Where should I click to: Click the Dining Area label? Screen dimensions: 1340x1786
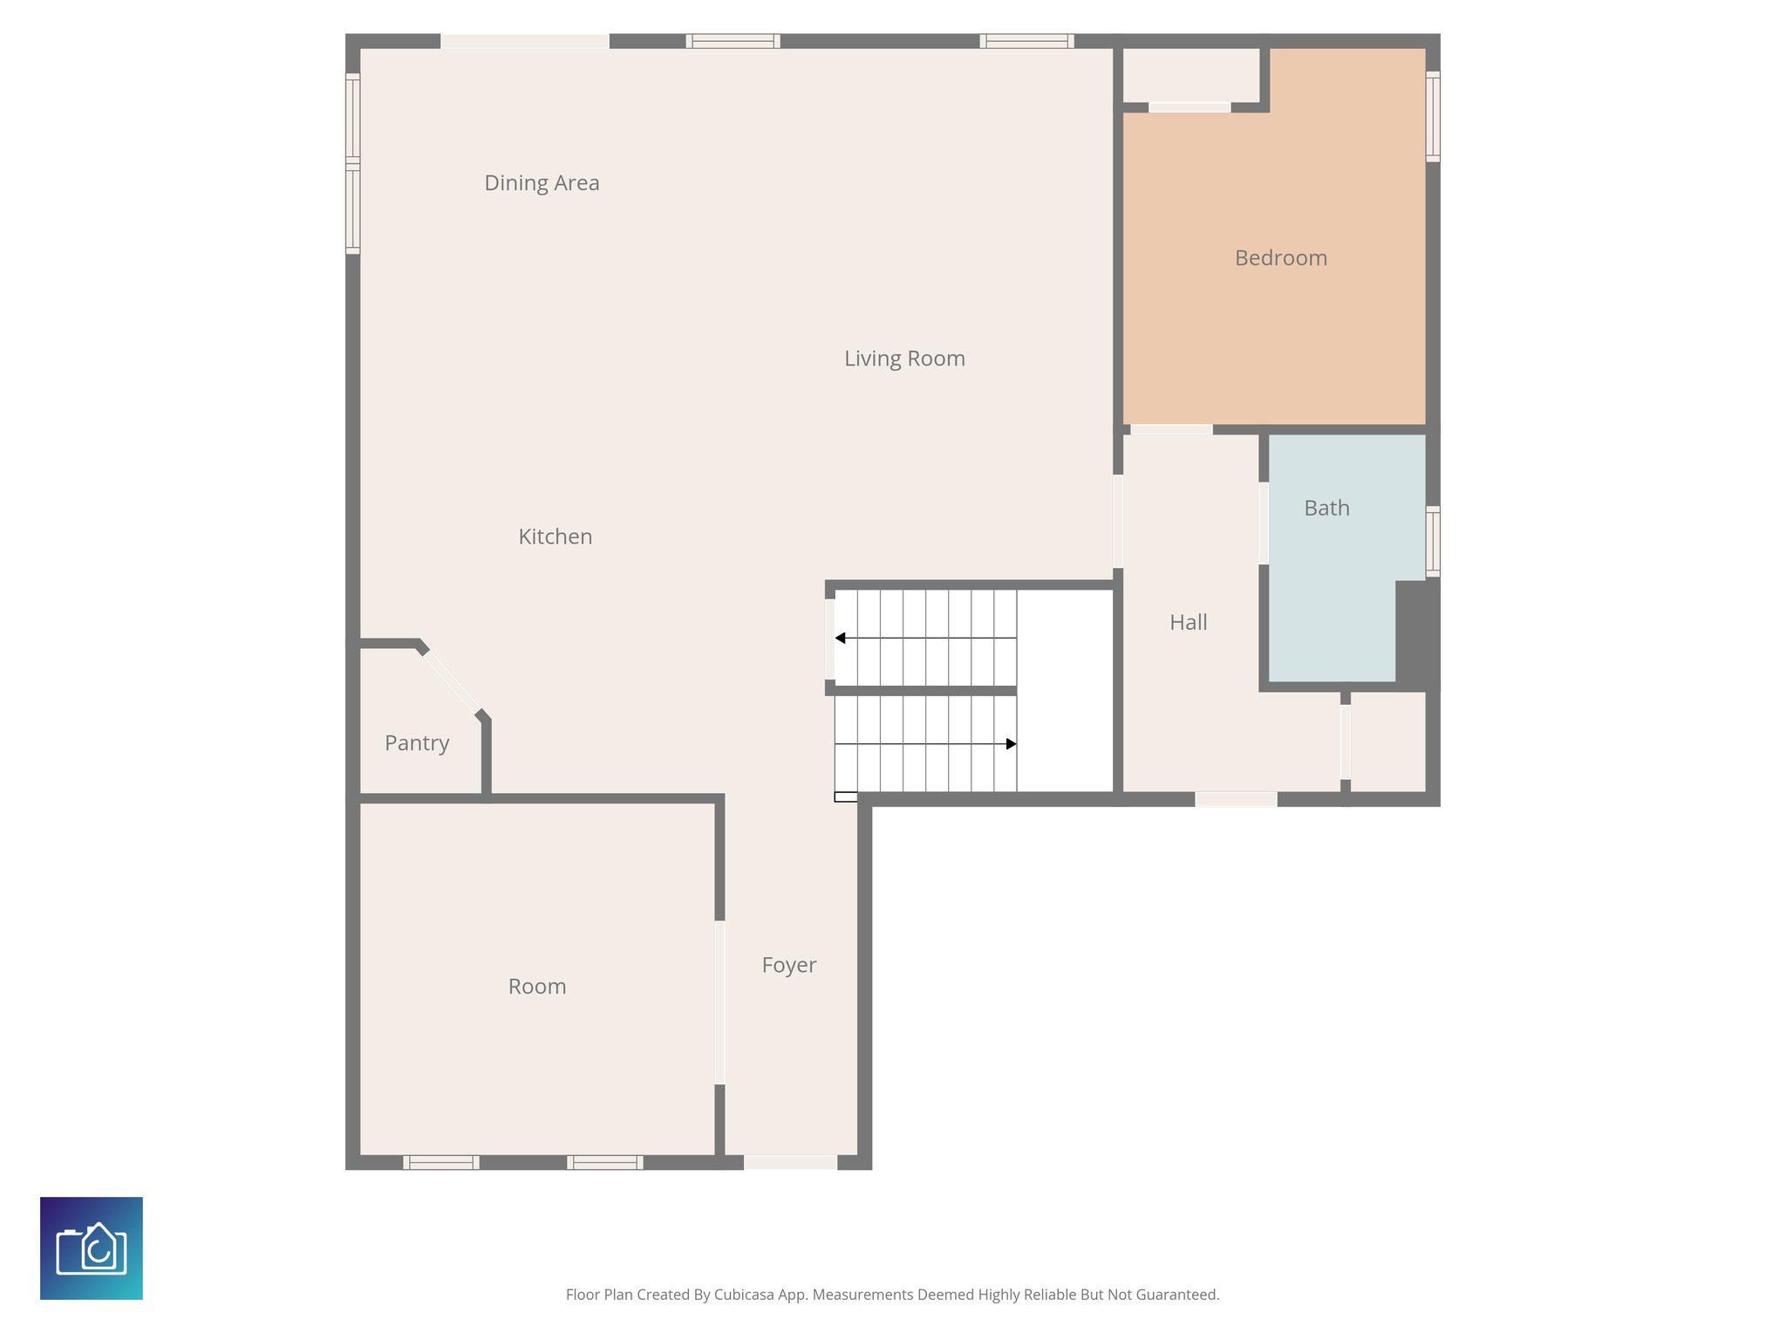click(542, 183)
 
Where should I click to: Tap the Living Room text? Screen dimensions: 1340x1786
click(904, 359)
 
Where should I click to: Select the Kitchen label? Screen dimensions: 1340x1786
click(555, 537)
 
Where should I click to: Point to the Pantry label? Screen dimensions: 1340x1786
click(417, 743)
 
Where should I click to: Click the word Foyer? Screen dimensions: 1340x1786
click(788, 965)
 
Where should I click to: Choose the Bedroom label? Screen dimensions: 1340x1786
click(1280, 258)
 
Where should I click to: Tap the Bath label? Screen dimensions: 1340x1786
click(1326, 508)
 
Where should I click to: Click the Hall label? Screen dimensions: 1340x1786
click(1188, 622)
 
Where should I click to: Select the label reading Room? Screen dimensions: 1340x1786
click(537, 987)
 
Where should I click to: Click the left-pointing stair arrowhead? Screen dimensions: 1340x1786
click(840, 639)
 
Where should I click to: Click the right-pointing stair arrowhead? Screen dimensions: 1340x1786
click(1011, 744)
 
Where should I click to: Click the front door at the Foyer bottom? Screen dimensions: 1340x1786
click(790, 1162)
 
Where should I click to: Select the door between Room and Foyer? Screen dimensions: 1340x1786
click(719, 1002)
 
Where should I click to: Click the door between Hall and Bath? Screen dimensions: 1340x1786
click(1263, 523)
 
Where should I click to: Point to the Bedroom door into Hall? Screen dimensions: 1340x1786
click(1171, 429)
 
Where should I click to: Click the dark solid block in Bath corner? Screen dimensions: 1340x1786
click(1417, 632)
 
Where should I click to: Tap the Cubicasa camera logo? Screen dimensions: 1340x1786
click(92, 1248)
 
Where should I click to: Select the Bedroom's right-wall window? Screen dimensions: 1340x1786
click(1432, 117)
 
